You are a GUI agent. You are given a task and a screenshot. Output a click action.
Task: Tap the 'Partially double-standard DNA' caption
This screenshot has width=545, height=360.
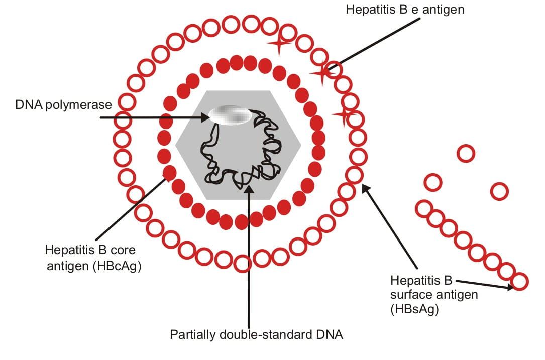pyautogui.click(x=256, y=334)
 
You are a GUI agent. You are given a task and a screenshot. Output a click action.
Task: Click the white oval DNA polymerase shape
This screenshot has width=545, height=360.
pyautogui.click(x=231, y=115)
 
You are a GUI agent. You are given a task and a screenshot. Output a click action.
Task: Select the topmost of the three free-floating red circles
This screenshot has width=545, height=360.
pyautogui.click(x=466, y=153)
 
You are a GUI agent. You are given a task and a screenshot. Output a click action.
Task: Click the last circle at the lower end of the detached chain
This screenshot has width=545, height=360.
pyautogui.click(x=520, y=281)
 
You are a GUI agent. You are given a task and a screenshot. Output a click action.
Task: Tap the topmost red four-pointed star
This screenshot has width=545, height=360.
pyautogui.click(x=280, y=44)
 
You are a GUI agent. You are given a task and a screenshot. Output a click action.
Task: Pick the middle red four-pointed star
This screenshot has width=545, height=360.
pyautogui.click(x=321, y=73)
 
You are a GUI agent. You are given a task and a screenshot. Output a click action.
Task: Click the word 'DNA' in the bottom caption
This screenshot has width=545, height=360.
pyautogui.click(x=332, y=334)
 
